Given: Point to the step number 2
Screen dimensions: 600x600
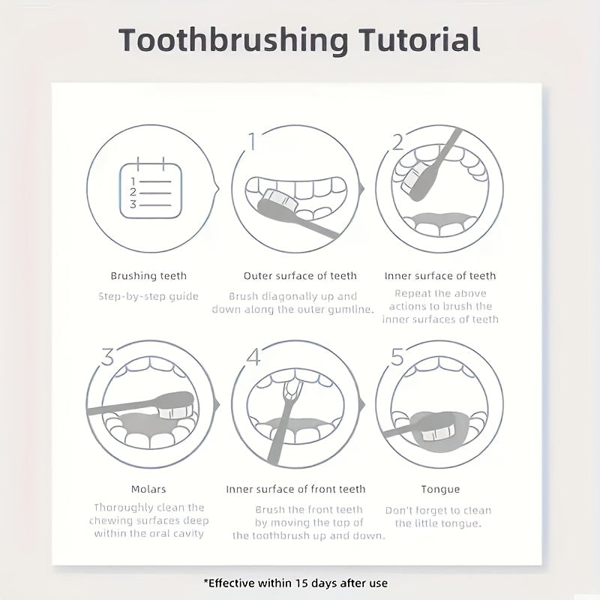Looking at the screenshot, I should coord(398,141).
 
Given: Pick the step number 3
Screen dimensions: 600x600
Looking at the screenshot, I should coord(107,356).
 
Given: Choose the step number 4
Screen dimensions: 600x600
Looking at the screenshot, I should coord(253,356).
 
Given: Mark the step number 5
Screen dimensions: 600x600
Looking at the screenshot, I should coord(397,356).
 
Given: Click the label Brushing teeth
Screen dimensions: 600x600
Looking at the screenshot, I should coord(148,276).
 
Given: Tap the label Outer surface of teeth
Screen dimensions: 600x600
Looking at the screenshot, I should coord(300,276).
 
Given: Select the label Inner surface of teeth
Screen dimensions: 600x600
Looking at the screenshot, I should coord(440,276).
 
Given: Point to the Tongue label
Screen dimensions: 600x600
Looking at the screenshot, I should coord(440,489).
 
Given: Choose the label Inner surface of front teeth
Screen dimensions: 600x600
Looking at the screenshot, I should coord(296,489).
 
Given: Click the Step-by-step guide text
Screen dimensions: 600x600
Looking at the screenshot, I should coord(148,296).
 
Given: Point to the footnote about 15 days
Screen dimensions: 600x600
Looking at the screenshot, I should coord(295,582).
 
